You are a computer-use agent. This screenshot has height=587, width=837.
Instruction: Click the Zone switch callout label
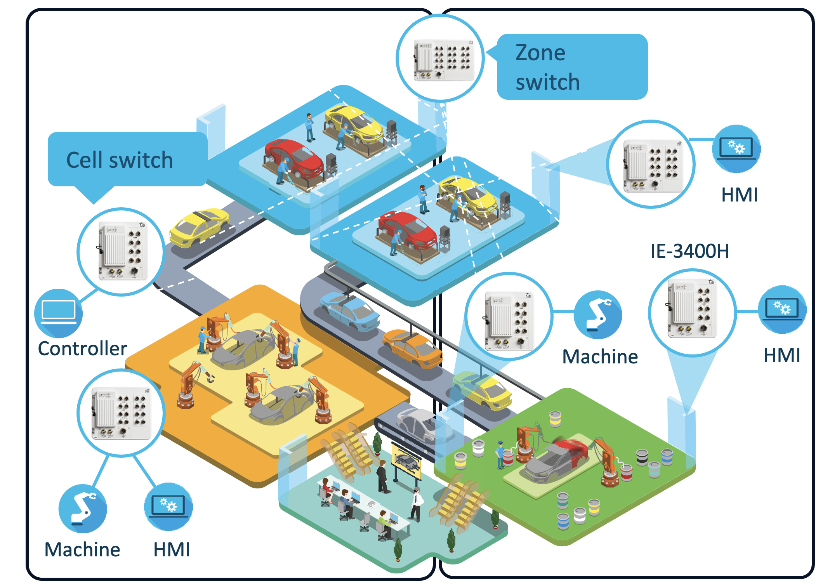point(571,67)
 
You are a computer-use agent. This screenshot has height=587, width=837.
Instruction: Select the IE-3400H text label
point(689,251)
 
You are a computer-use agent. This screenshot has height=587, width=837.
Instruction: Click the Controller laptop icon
point(58,313)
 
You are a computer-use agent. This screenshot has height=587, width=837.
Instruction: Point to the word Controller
point(82,348)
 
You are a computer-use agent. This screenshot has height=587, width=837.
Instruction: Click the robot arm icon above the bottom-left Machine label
point(82,508)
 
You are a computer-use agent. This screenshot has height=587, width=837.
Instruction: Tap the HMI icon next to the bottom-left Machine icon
point(168,507)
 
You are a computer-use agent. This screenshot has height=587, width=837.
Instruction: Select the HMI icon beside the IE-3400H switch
point(782,310)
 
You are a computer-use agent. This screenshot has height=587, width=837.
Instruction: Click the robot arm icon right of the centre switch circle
point(598,314)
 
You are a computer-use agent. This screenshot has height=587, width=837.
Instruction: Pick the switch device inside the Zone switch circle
point(444,60)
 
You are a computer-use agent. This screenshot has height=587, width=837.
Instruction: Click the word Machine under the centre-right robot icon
point(600,356)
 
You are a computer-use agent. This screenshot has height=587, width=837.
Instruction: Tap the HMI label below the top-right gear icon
point(739,195)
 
